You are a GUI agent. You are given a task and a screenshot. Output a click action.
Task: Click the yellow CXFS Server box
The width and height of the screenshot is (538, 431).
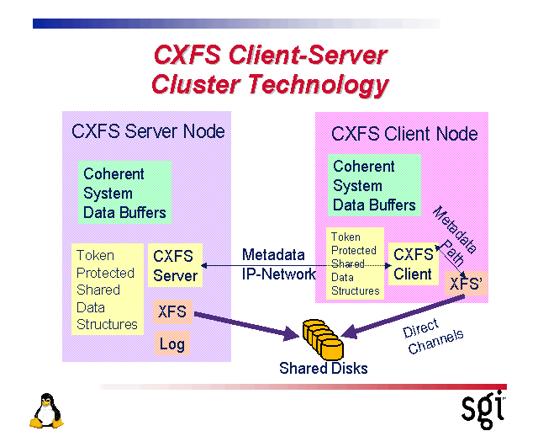(x=175, y=265)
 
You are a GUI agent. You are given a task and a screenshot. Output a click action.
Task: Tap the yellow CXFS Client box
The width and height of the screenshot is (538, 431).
(x=413, y=263)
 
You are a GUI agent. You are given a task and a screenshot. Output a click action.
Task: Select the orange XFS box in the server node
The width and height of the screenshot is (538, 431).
(x=172, y=313)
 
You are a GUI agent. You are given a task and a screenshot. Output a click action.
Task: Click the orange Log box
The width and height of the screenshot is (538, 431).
(x=171, y=343)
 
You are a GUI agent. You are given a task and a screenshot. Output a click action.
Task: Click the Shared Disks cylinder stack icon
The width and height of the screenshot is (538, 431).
(x=323, y=338)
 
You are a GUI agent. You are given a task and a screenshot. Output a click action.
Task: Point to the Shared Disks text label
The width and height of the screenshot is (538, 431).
(x=323, y=368)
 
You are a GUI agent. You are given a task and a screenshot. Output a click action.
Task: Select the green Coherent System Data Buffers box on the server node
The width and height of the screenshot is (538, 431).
(x=124, y=193)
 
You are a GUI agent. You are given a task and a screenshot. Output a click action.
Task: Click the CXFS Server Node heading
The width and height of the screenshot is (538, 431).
(x=148, y=131)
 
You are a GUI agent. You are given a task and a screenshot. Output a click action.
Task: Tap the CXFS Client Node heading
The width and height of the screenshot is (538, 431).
(x=404, y=134)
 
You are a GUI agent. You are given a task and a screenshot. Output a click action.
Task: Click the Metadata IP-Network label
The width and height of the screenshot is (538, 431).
(x=278, y=263)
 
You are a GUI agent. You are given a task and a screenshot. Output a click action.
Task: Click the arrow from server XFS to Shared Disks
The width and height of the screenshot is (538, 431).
(x=244, y=326)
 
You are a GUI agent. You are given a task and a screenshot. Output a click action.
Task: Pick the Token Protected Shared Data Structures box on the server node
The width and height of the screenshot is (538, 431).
(x=107, y=290)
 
